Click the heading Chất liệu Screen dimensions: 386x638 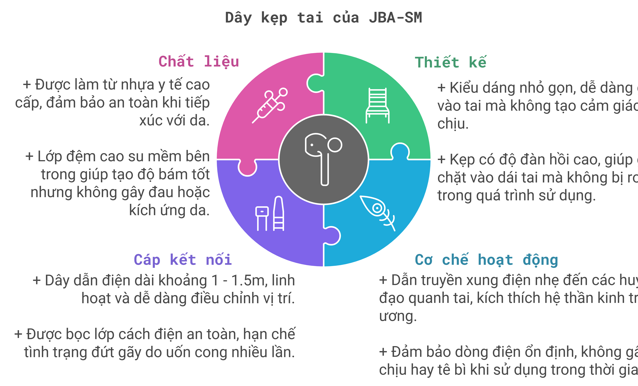pyautogui.click(x=199, y=62)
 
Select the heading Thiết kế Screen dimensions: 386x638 pyautogui.click(x=450, y=62)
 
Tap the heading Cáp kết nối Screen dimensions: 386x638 pyautogui.click(x=183, y=260)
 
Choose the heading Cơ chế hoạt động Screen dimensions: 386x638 pyautogui.click(x=486, y=260)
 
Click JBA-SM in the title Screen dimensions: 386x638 pyautogui.click(x=395, y=18)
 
